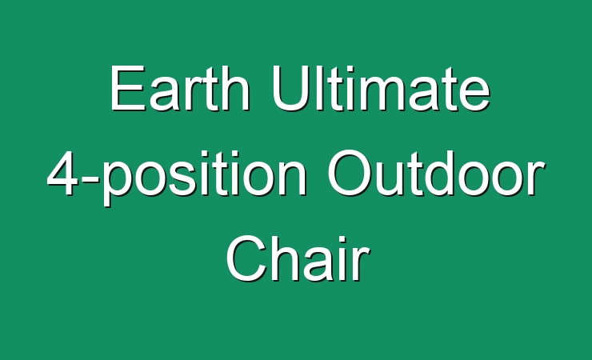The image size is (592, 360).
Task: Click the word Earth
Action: [180, 88]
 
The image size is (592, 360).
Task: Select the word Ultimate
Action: [381, 88]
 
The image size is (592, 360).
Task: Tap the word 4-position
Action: [177, 177]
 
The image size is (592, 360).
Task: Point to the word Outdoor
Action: [436, 173]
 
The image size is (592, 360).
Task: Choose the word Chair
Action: [298, 258]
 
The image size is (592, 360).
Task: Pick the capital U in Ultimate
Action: [290, 88]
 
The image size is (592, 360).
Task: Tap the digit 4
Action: [62, 173]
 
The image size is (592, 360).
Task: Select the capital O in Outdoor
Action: [350, 173]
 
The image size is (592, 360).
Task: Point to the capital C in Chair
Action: [247, 258]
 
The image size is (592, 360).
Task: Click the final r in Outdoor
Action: [537, 178]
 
